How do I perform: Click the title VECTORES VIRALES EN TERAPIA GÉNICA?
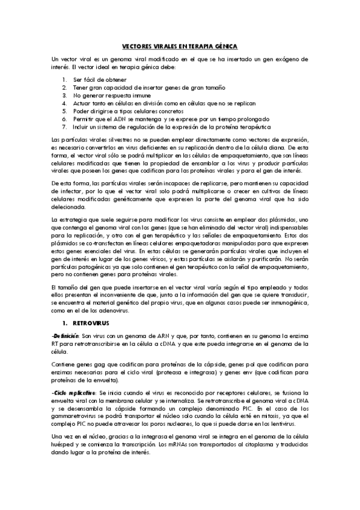(x=180, y=46)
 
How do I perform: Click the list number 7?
(x=66, y=127)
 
